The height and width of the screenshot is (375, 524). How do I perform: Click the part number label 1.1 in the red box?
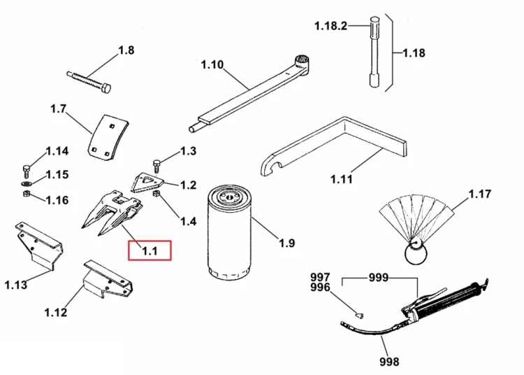(x=150, y=251)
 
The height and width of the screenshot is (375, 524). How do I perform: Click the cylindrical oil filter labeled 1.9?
(x=229, y=234)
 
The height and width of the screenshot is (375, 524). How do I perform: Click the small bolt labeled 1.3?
(x=157, y=167)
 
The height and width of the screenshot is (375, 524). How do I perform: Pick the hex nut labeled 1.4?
(x=156, y=194)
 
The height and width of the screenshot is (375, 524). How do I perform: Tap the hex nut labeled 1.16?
(x=27, y=193)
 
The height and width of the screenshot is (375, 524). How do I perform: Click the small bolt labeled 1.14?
(x=27, y=171)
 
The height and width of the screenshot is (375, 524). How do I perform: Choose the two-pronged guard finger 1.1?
(x=112, y=212)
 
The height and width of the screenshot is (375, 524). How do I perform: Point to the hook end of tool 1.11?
(x=269, y=167)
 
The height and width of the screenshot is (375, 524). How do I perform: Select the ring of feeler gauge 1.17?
(x=416, y=253)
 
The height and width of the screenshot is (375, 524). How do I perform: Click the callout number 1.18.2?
(x=331, y=26)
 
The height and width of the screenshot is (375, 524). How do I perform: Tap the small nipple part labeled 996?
(x=360, y=315)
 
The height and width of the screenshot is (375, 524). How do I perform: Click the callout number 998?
(x=389, y=361)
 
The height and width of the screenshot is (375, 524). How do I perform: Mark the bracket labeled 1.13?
(x=40, y=246)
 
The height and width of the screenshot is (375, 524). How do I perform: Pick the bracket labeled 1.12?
(x=108, y=279)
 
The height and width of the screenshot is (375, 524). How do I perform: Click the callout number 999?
(x=378, y=277)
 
